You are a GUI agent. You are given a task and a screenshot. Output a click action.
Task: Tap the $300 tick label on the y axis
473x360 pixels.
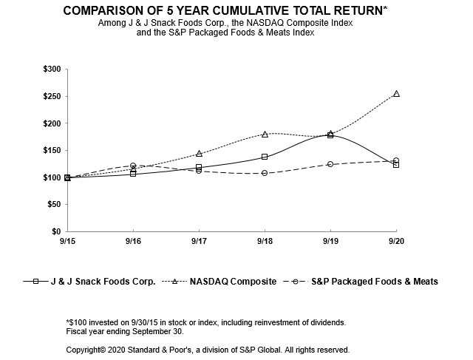(x=54, y=69)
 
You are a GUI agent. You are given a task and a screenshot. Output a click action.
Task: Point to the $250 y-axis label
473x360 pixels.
(x=54, y=97)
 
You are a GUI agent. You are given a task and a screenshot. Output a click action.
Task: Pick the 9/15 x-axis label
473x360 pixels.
(x=67, y=242)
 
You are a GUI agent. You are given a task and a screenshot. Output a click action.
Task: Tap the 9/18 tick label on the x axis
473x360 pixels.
(x=265, y=242)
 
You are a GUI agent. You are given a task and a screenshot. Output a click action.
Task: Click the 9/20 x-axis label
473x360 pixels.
(x=396, y=242)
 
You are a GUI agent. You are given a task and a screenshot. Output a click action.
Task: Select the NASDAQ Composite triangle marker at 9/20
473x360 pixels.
(x=396, y=94)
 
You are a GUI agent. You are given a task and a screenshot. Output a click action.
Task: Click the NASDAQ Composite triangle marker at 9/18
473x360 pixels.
(x=265, y=134)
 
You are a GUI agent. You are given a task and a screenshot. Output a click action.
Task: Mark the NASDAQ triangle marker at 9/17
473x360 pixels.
(x=199, y=154)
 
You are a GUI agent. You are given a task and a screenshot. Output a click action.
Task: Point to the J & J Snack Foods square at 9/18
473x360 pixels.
(x=265, y=157)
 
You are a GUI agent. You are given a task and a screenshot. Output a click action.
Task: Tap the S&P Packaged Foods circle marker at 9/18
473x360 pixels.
(x=265, y=173)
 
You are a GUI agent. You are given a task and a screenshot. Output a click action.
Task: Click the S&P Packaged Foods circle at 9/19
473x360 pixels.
(x=330, y=164)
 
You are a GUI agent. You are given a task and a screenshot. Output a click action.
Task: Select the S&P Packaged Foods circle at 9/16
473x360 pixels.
(x=133, y=166)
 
